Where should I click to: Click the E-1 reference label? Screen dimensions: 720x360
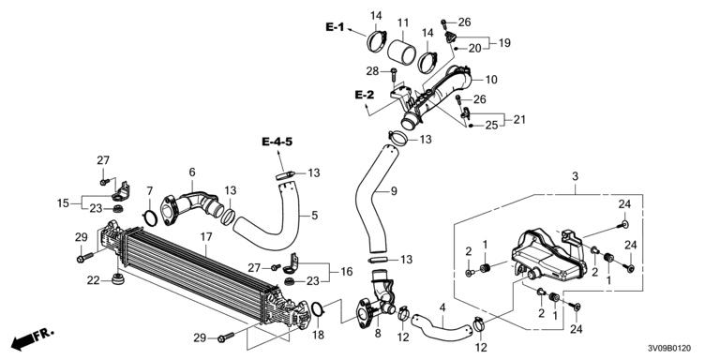[335, 27]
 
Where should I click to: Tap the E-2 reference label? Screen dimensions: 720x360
[365, 95]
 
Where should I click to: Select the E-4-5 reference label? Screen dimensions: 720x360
[277, 142]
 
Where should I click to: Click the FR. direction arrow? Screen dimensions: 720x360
[32, 337]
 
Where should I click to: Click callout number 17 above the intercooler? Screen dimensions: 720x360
[206, 237]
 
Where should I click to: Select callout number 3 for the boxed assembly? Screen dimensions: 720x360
[575, 176]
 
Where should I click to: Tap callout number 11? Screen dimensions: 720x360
[403, 22]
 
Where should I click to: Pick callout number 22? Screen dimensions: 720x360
[93, 279]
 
